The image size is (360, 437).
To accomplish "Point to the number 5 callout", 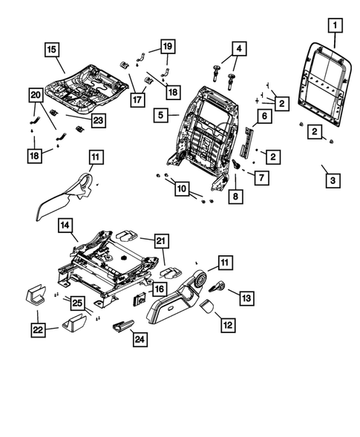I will point(160,115).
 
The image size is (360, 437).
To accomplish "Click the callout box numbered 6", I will point(263,115).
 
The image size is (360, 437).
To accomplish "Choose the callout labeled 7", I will point(261,178).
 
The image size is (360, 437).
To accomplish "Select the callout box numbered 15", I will point(50,50).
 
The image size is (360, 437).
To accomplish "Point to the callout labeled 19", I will point(167,47).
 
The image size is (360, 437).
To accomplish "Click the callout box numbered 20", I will point(35,95).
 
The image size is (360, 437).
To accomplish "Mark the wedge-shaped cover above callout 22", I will point(36,295).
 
